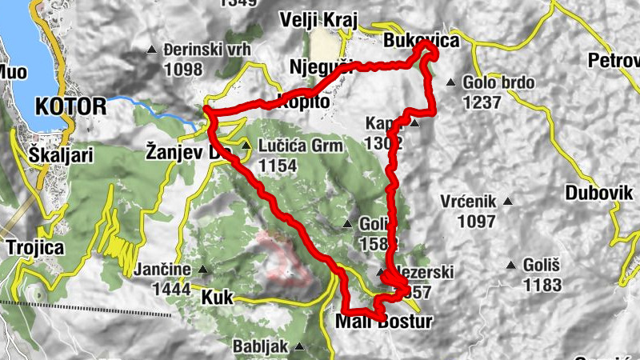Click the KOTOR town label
click(x=70, y=106)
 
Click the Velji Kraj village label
click(x=318, y=20)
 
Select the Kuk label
click(x=217, y=298)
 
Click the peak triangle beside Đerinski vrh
click(x=152, y=50)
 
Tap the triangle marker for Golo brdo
click(x=451, y=82)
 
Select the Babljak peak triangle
click(x=298, y=347)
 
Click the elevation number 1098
click(x=182, y=70)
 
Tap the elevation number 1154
click(x=278, y=166)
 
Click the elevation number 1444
click(x=174, y=289)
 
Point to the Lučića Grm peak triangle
click(x=246, y=146)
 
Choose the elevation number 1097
click(x=469, y=220)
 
